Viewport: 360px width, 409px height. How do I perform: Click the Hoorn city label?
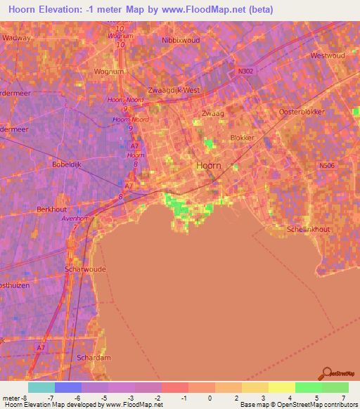point(208,166)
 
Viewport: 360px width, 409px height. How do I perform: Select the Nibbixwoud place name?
point(181,41)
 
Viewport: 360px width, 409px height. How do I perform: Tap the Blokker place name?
point(242,138)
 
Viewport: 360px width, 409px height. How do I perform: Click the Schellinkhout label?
point(309,229)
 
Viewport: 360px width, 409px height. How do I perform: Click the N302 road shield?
point(245,71)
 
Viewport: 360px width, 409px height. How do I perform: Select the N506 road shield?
point(327,166)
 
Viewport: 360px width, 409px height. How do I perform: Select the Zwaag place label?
point(211,114)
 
